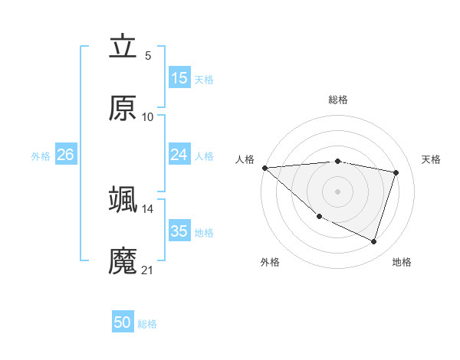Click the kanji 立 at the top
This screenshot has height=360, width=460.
(123, 47)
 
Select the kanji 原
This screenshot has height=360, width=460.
(123, 109)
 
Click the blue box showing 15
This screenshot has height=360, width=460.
(179, 78)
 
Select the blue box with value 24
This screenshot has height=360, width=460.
(179, 155)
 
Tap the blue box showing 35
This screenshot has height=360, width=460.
(179, 231)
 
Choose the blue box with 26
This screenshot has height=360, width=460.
(66, 155)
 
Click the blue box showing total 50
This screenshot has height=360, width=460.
(123, 322)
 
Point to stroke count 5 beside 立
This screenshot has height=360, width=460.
(148, 56)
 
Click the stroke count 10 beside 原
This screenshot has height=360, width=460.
(148, 117)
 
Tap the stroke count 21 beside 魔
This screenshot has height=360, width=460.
(148, 270)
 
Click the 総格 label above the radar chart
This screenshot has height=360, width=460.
(338, 100)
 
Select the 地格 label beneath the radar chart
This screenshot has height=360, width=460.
(402, 262)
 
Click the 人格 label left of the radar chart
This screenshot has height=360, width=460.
(245, 159)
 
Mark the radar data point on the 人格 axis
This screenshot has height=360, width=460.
(264, 168)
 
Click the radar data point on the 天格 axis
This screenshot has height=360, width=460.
(396, 172)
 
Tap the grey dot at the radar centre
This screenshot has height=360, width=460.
(338, 191)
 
